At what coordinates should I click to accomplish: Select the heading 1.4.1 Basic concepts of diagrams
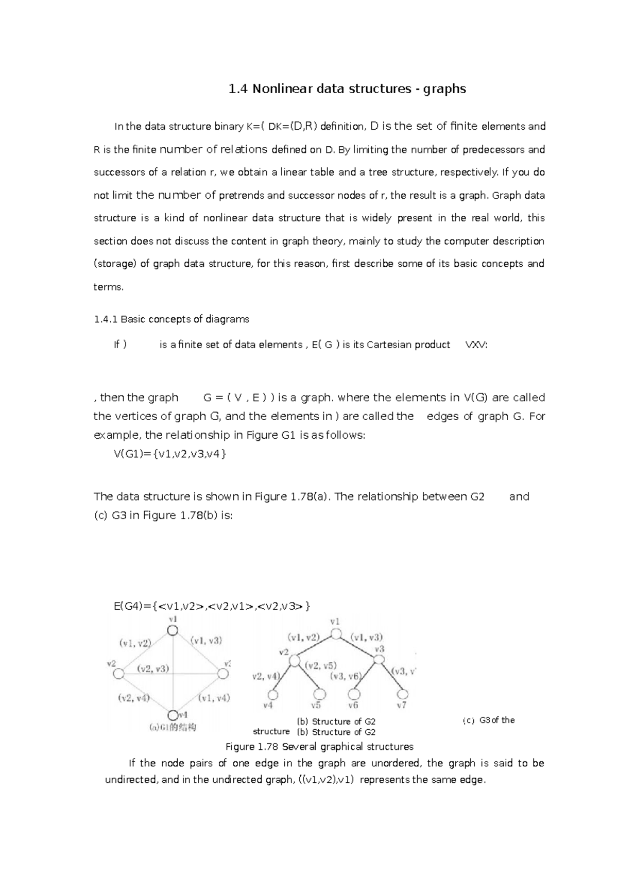(171, 319)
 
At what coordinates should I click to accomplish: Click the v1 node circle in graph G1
(173, 630)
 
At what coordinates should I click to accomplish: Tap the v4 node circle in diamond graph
(173, 715)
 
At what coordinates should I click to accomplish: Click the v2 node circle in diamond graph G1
(118, 673)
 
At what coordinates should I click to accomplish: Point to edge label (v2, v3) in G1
(152, 669)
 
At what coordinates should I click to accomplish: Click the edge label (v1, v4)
(214, 698)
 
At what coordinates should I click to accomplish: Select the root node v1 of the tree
(336, 634)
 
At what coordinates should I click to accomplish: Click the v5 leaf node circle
(320, 694)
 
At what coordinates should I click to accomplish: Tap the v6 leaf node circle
(354, 694)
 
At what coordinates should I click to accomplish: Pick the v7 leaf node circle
(402, 694)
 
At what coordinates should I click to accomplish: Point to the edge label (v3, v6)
(346, 676)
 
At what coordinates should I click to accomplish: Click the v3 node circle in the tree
(379, 659)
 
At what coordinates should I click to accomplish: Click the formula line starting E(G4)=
(212, 606)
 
